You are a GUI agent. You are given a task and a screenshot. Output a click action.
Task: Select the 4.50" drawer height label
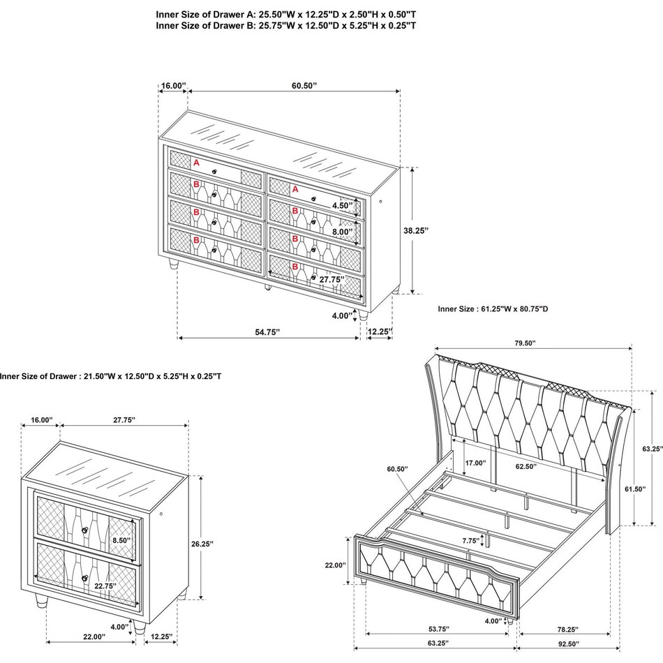click(343, 206)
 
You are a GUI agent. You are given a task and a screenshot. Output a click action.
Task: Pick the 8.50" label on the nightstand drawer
click(122, 539)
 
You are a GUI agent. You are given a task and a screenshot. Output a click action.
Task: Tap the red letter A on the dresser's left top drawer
click(197, 163)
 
